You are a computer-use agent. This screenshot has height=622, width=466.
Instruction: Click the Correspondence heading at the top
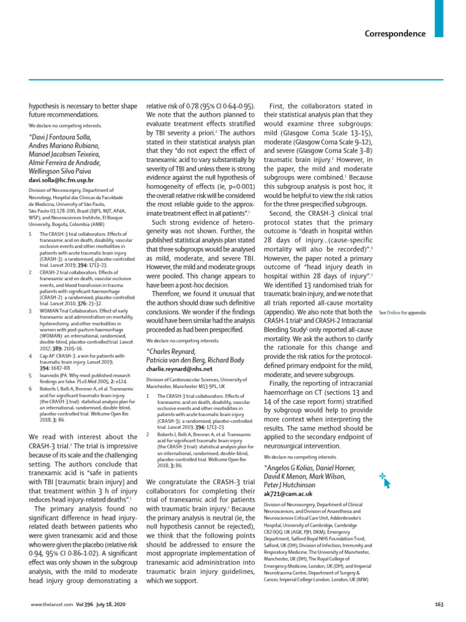click(x=395, y=33)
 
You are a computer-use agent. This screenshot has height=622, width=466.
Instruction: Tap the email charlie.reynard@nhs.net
click(x=180, y=368)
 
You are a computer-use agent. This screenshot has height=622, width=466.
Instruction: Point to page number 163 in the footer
click(x=440, y=604)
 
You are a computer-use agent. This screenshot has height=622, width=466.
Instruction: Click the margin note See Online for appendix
click(x=402, y=312)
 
